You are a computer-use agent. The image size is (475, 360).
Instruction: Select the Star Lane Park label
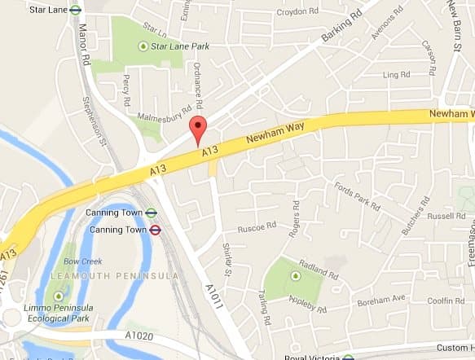coord(181,46)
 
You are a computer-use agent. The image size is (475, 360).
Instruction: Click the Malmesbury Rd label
coord(165,112)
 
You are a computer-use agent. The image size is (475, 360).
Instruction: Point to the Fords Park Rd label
coord(358,195)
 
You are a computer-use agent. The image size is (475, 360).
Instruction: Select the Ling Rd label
coord(396,75)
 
